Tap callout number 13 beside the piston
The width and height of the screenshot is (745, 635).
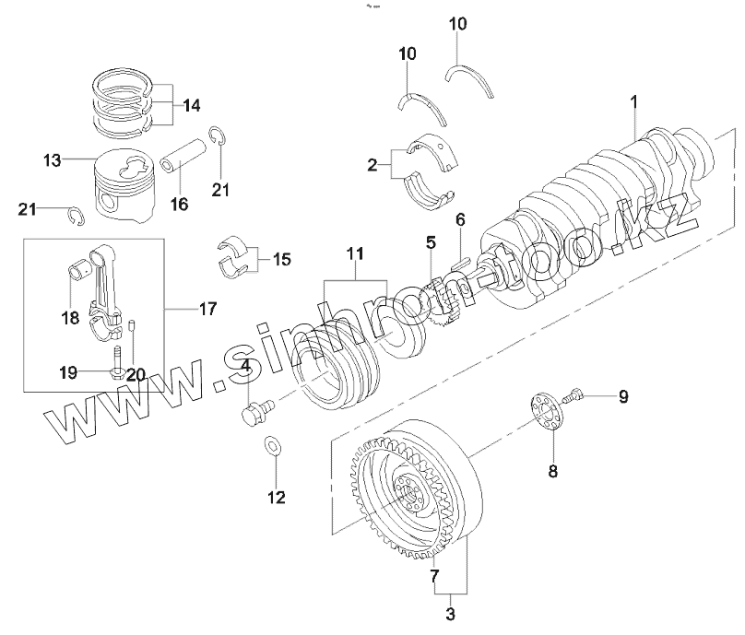(x=51, y=160)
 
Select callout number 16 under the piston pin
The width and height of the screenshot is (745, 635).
(x=179, y=203)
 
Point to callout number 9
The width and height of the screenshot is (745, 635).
(x=622, y=397)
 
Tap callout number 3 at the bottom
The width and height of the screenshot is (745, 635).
(x=451, y=611)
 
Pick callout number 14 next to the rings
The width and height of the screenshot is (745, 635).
(x=191, y=105)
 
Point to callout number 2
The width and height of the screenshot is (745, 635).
(x=372, y=166)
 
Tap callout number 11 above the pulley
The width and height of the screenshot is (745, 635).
(x=356, y=253)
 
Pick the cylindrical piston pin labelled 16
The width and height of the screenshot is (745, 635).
(x=181, y=160)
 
